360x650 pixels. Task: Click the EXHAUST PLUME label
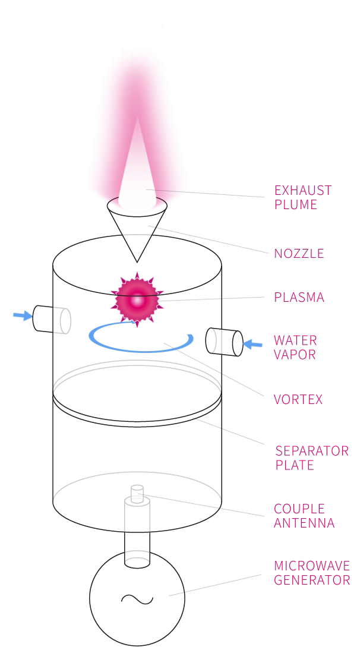point(303,197)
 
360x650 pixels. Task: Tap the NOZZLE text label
point(299,253)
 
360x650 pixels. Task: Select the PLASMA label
point(299,297)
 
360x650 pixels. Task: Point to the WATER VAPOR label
point(295,348)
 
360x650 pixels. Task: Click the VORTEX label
point(298,399)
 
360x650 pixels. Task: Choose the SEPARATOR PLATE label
point(312,457)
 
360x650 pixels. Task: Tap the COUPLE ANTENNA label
point(304,515)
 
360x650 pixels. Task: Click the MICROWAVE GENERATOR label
point(312,573)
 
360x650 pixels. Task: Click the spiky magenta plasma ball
point(137,299)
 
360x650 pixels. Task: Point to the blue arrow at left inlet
point(23,316)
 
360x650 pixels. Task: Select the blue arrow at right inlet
point(252,343)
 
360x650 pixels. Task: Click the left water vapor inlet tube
point(52,319)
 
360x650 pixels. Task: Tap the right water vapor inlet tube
point(225,342)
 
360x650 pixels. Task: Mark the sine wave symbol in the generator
point(137,599)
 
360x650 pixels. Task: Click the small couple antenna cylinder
point(137,494)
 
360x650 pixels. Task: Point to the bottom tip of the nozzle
point(137,263)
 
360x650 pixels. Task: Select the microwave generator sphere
point(137,598)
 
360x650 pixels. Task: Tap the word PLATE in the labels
point(295,465)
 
